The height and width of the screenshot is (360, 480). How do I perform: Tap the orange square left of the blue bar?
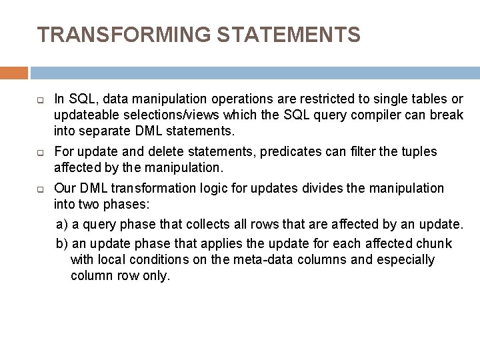point(14,73)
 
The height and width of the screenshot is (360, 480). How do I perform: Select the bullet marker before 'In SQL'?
point(41,100)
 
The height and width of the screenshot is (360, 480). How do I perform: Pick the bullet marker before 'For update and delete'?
point(41,152)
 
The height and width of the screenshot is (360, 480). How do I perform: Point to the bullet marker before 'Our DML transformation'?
point(41,189)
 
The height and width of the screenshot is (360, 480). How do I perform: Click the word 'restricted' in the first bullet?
point(315,99)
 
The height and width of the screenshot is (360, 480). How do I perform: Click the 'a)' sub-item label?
point(62,221)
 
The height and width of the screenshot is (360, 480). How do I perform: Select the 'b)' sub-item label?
point(62,243)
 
